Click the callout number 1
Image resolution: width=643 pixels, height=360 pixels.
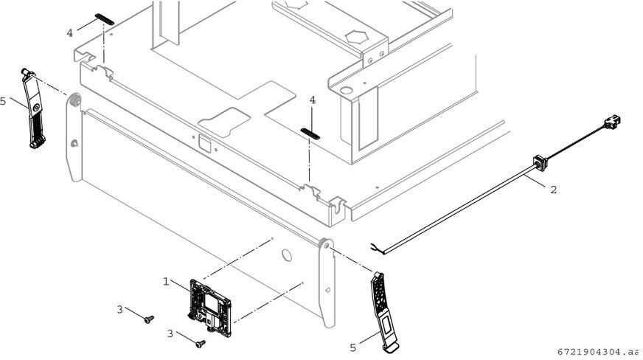tap(166, 281)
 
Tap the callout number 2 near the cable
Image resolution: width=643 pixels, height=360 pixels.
tap(553, 189)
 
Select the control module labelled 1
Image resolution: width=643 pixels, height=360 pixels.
tap(212, 304)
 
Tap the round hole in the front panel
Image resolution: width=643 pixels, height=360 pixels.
tap(287, 255)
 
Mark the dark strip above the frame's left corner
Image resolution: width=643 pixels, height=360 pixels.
tap(104, 18)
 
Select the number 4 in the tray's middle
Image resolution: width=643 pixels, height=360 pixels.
tap(313, 100)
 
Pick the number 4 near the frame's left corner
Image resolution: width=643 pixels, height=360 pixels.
tap(70, 33)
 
